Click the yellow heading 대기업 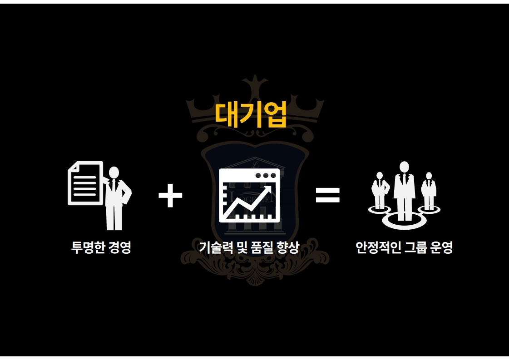pos(251,114)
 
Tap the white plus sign pos(170,196)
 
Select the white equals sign pos(327,196)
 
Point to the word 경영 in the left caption pos(120,248)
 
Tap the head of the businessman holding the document pos(114,172)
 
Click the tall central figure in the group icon pos(404,188)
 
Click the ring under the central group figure pos(404,223)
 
